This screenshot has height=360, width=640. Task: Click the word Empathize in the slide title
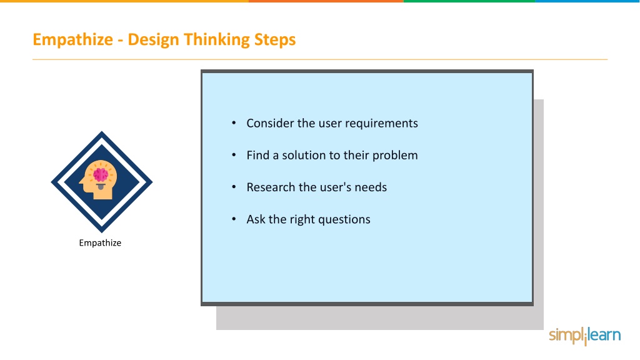pos(72,40)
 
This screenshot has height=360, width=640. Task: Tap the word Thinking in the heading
pos(216,40)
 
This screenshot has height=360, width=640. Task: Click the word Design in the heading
pos(154,39)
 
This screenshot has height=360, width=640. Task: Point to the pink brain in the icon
pos(101,175)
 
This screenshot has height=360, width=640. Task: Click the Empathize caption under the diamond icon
pos(100,243)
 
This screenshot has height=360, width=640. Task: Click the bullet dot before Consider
pos(234,122)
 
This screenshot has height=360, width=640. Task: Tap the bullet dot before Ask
pos(234,219)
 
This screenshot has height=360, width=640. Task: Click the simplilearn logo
pos(584,336)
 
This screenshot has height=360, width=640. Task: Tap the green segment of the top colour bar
pos(469,1)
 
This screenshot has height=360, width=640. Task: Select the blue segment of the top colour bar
pos(587,1)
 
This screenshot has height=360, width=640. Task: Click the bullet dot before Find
pos(234,155)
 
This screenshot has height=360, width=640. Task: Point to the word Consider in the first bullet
pos(270,123)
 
